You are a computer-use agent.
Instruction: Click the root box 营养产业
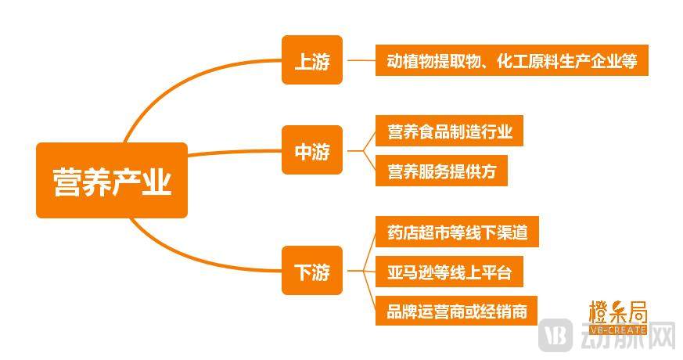point(111,181)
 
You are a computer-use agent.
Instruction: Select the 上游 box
point(312,60)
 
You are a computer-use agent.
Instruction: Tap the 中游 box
point(312,150)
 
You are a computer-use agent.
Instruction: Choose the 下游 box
point(312,271)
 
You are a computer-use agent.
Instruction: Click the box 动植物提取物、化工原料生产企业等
point(512,60)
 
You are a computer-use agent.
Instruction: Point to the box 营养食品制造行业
point(449,131)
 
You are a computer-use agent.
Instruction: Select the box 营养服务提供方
point(441,171)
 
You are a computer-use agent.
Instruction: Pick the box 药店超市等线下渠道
point(456,232)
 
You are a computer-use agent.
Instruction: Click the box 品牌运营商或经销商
point(456,311)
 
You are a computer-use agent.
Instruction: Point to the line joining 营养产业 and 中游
point(235,151)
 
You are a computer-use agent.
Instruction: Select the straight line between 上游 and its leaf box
point(359,60)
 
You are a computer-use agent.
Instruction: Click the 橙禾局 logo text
point(617,311)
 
